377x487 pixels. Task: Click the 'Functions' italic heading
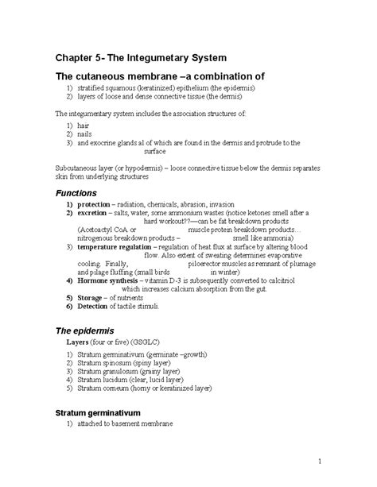point(78,193)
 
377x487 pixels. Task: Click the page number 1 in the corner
point(319,461)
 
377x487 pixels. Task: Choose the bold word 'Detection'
point(95,306)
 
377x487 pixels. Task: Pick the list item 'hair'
point(83,126)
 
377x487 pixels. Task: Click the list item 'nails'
point(84,133)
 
